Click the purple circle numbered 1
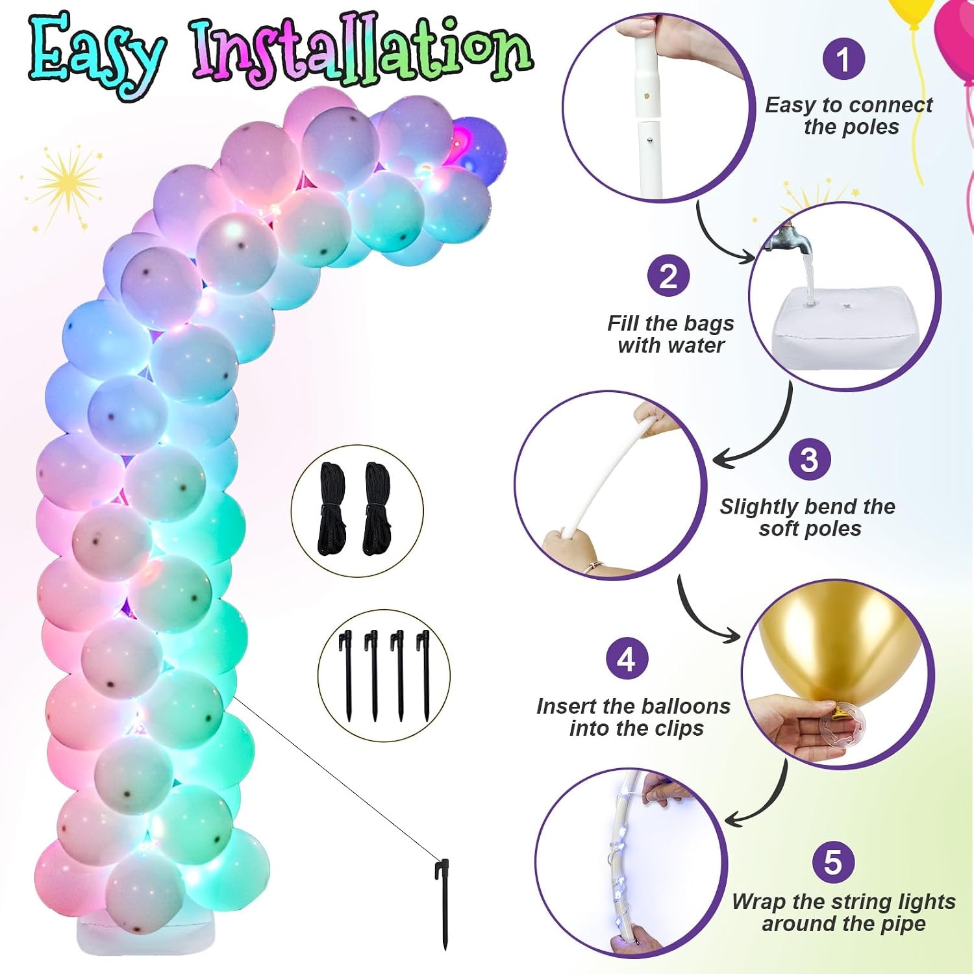pyautogui.click(x=843, y=59)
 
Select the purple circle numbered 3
pyautogui.click(x=809, y=460)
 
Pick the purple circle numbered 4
pyautogui.click(x=627, y=659)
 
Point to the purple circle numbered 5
pyautogui.click(x=833, y=862)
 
